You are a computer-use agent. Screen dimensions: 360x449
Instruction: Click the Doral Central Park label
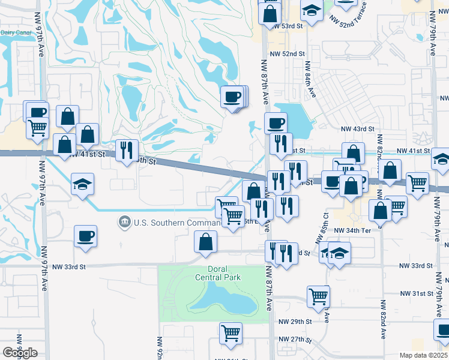(217, 273)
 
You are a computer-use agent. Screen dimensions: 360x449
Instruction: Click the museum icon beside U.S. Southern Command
(124, 223)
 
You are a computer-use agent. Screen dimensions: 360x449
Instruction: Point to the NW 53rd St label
(286, 26)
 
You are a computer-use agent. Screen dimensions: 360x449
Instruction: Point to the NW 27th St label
(294, 339)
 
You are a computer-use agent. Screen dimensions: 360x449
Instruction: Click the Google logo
(20, 352)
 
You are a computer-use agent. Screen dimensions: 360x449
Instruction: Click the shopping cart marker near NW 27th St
(231, 333)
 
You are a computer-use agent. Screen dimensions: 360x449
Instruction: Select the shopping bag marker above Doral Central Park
(205, 242)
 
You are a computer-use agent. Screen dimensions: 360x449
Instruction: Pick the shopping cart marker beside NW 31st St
(318, 295)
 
